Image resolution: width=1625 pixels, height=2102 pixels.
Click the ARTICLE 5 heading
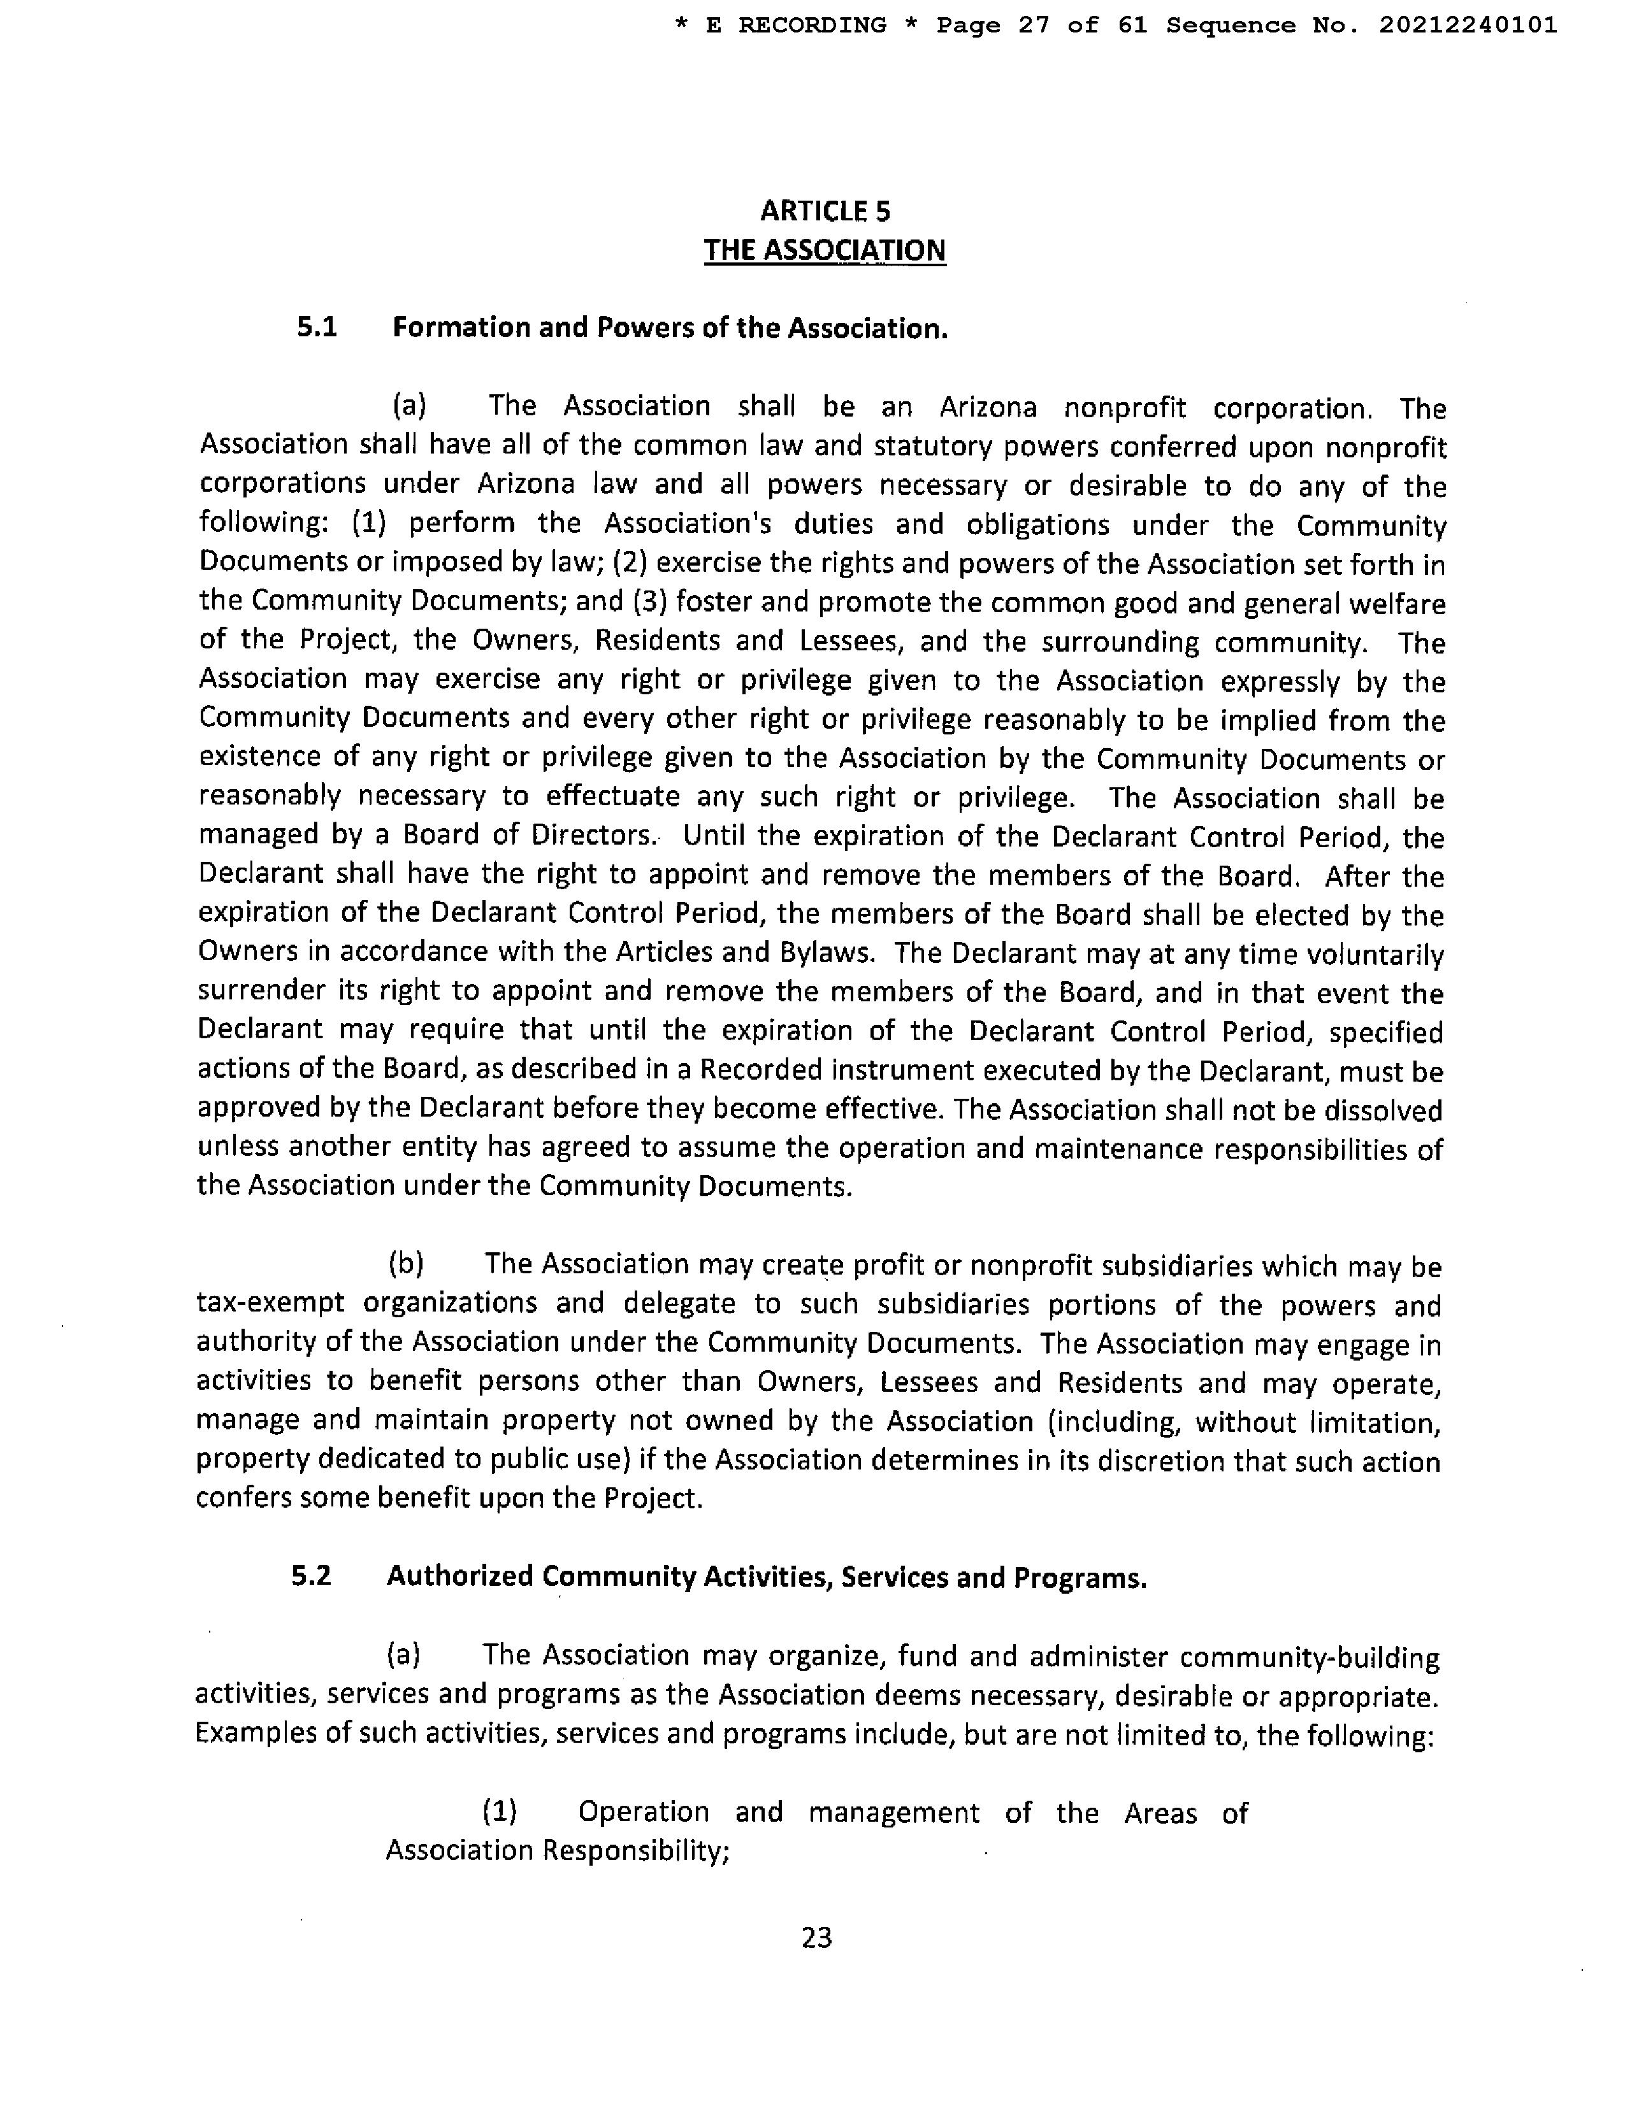click(825, 211)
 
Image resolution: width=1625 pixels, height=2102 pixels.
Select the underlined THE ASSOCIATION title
click(825, 250)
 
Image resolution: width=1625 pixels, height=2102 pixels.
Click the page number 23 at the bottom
click(816, 1936)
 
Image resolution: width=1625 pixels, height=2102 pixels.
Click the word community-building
click(1310, 1657)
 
